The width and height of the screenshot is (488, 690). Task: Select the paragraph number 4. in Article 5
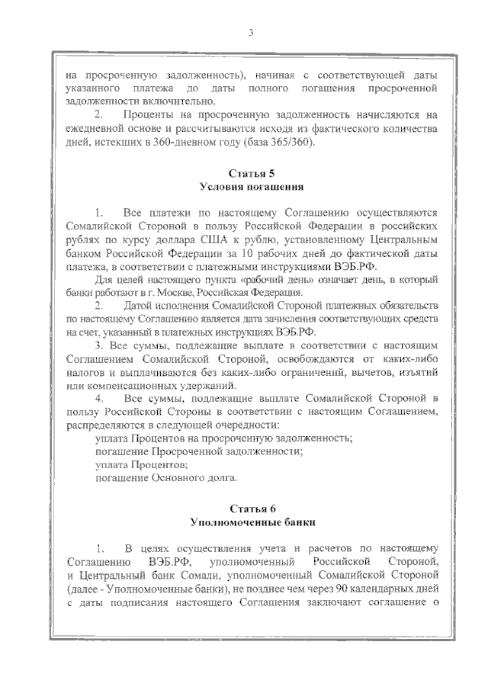98,399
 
